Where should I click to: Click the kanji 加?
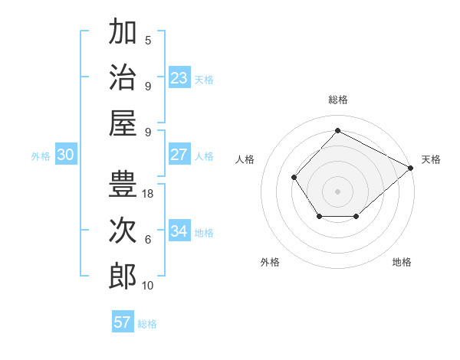click(x=123, y=33)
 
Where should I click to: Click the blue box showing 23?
click(x=179, y=78)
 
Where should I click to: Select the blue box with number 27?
click(x=179, y=155)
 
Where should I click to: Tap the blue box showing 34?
click(x=179, y=231)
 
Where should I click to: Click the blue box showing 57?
click(x=123, y=322)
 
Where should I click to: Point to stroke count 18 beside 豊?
click(x=148, y=194)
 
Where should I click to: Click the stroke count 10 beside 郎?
click(x=148, y=286)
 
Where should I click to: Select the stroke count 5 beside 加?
click(x=148, y=41)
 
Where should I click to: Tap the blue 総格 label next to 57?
click(x=147, y=324)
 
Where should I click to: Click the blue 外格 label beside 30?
click(x=41, y=156)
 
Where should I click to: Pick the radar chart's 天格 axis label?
click(x=431, y=159)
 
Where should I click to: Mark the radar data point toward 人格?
click(x=294, y=178)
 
